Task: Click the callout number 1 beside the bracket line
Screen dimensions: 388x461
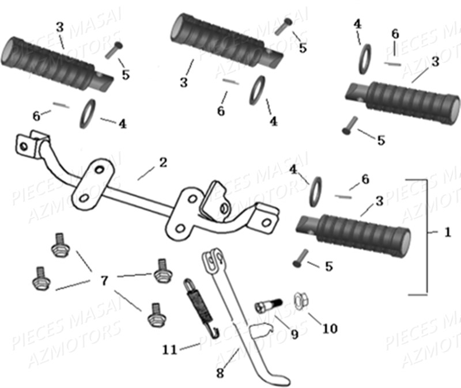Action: [448, 233]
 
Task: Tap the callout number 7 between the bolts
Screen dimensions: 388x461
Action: [104, 281]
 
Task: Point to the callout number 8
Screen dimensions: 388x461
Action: [220, 373]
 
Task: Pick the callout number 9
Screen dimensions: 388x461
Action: [294, 334]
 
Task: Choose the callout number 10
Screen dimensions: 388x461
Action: [330, 328]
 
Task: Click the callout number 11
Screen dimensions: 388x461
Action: [171, 349]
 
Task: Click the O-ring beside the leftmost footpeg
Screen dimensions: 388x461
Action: [88, 113]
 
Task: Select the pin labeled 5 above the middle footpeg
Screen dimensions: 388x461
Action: [285, 26]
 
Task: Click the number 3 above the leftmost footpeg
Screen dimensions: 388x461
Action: [60, 26]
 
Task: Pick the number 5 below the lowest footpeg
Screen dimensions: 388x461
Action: [328, 266]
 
